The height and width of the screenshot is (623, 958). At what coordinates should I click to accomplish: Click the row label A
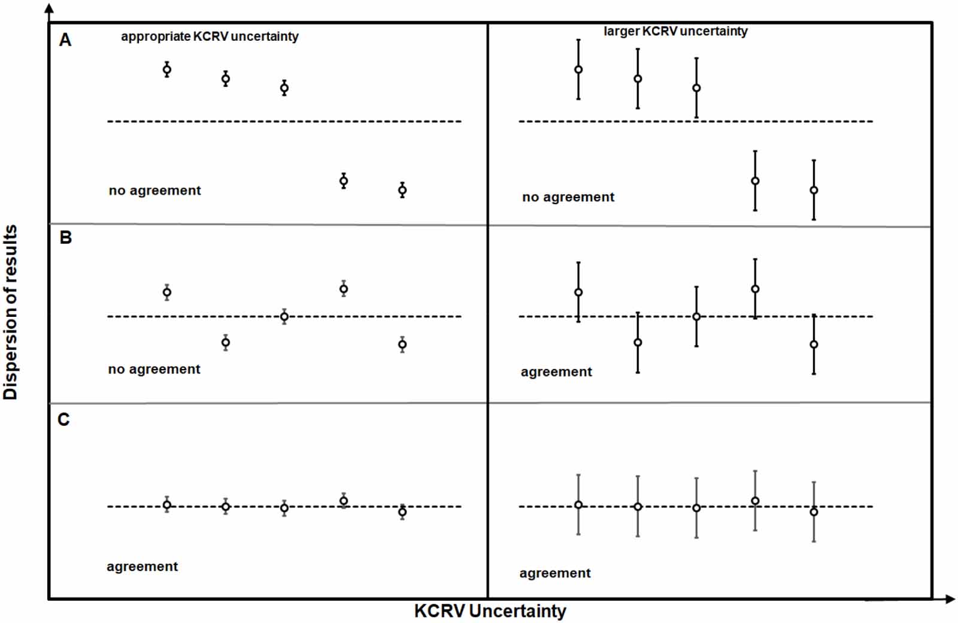(x=65, y=40)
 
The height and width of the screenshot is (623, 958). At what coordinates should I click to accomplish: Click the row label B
(x=66, y=238)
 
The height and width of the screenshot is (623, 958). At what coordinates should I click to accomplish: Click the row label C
(x=64, y=419)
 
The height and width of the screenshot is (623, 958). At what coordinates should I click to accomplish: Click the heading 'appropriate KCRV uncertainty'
(x=210, y=37)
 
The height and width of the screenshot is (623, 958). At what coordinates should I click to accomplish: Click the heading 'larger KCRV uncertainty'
(x=675, y=31)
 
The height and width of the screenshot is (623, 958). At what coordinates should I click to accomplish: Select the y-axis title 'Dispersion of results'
(x=11, y=311)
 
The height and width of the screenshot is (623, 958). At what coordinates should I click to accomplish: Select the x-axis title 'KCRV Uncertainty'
(x=490, y=611)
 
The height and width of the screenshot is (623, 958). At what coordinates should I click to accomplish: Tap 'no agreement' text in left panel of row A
(x=154, y=190)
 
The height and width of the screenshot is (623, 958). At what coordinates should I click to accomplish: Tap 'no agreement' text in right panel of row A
(x=568, y=197)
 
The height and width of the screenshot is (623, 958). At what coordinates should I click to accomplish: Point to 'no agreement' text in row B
(x=154, y=369)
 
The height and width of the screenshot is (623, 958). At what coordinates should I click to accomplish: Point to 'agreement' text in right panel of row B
(x=556, y=372)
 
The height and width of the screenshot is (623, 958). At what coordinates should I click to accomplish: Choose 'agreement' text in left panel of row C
(x=142, y=567)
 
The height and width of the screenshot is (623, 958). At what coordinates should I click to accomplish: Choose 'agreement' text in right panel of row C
(x=555, y=573)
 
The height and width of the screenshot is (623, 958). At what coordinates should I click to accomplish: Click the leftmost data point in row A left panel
(x=167, y=69)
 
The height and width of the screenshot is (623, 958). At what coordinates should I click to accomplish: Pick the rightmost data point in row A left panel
(x=402, y=190)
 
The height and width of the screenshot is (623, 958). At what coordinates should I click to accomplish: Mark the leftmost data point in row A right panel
(x=578, y=69)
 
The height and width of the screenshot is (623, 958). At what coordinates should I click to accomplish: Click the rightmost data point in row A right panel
(x=814, y=190)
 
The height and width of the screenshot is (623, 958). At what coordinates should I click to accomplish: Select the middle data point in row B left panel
(x=284, y=317)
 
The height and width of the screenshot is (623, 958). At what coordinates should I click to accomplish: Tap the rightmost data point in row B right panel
(x=814, y=344)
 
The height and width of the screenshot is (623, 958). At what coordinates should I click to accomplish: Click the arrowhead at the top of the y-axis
(x=50, y=8)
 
